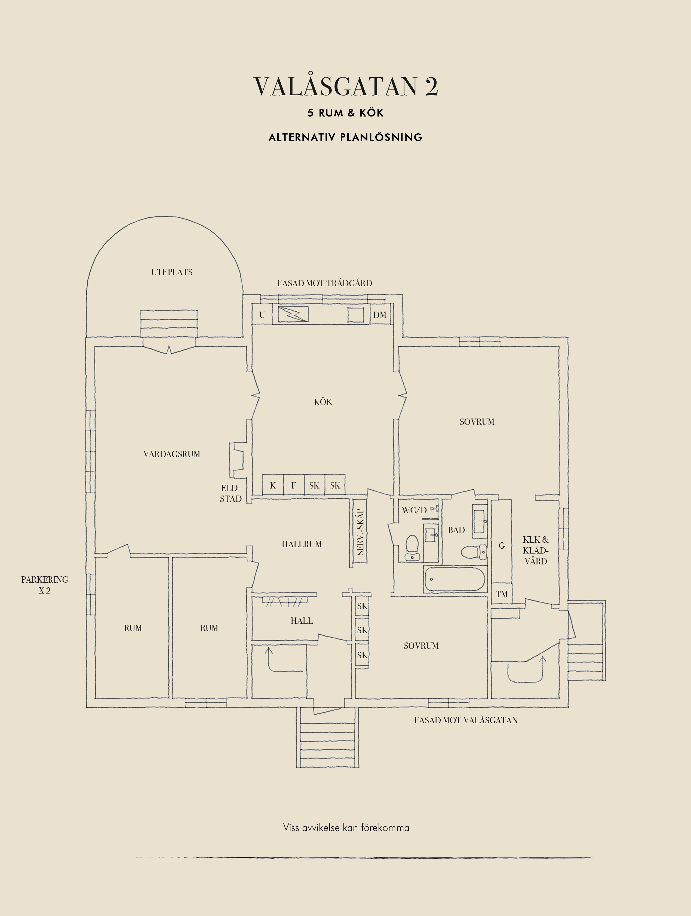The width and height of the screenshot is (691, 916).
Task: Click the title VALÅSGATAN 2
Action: pos(345,86)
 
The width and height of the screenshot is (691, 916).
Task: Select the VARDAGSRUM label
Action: pos(171,454)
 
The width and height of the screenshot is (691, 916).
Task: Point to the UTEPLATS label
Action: pos(171,272)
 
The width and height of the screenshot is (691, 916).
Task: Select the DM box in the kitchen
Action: pos(379,315)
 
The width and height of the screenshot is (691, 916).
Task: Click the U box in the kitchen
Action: pos(262,315)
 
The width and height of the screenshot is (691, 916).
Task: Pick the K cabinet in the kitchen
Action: pos(273,485)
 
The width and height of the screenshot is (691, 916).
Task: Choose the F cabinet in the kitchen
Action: pos(294,485)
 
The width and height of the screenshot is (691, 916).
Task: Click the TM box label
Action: pos(501,594)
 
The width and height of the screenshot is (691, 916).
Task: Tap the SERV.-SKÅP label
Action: pos(360,532)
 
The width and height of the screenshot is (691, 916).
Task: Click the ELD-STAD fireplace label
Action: pos(231,493)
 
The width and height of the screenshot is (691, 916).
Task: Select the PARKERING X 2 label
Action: pos(45,585)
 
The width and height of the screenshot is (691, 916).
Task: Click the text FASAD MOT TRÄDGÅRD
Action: pos(325,283)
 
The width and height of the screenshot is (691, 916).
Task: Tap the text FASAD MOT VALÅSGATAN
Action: pos(466,720)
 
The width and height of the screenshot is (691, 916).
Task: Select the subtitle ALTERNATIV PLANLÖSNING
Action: pos(345,137)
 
